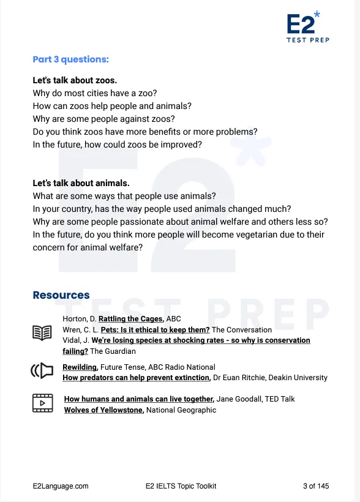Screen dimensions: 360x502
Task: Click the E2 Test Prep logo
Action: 307,28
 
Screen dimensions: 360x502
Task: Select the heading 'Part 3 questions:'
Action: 70,59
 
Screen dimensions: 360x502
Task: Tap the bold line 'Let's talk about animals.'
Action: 81,183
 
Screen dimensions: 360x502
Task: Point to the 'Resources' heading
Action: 61,295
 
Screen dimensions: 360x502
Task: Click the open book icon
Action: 42,332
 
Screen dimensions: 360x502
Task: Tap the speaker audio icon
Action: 42,371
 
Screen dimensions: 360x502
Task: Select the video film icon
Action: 42,403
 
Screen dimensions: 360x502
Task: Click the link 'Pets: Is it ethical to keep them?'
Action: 155,329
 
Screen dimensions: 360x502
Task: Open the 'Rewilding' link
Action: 80,367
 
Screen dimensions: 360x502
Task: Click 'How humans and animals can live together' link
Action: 139,399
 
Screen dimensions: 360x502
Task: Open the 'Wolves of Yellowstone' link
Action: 103,410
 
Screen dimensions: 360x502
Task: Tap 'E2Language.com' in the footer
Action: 61,486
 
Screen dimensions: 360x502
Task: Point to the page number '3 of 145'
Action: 316,486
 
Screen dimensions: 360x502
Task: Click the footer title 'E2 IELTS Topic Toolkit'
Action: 181,486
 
